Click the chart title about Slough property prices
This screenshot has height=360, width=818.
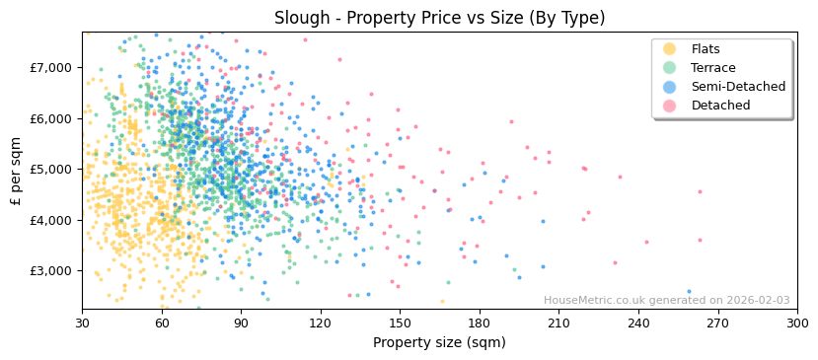tap(439, 18)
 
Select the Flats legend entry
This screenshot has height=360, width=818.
tap(706, 49)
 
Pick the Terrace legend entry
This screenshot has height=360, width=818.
tap(713, 68)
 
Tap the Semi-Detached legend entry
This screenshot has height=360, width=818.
tap(738, 87)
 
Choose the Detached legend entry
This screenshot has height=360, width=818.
tap(719, 106)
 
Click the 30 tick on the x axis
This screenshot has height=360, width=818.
tap(82, 323)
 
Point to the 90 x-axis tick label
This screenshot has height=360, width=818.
tap(241, 323)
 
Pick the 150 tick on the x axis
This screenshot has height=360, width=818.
tap(400, 323)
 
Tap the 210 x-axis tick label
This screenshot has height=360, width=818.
tap(558, 323)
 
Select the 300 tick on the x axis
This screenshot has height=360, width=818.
tap(796, 323)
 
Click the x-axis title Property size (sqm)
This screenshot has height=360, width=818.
tap(439, 342)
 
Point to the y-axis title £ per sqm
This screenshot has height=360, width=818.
tap(17, 171)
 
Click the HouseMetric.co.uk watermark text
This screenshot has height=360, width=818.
tap(666, 301)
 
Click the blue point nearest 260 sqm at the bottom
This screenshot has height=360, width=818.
tap(689, 292)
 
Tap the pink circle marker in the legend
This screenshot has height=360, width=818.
tap(670, 106)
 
